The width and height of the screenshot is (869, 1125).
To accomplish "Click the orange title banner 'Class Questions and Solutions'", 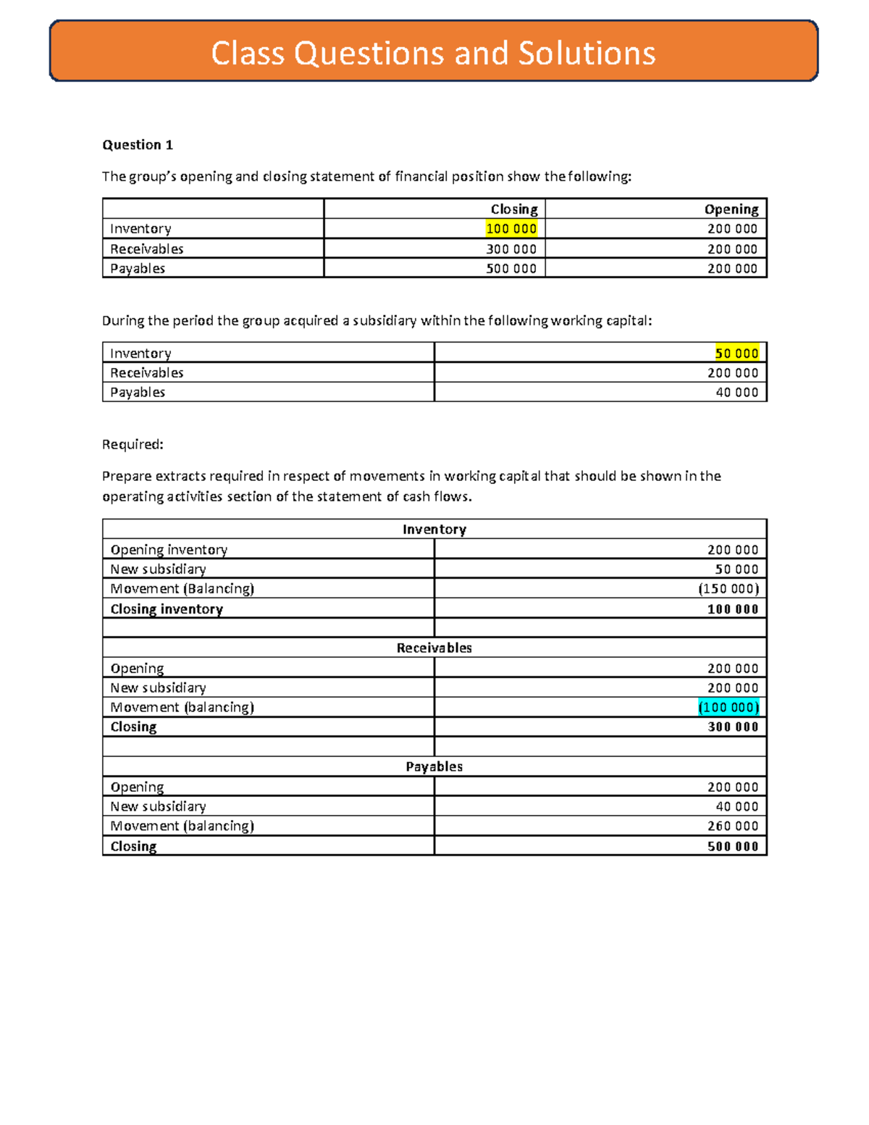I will click(433, 53).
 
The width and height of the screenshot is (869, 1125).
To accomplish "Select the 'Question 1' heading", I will click(138, 145).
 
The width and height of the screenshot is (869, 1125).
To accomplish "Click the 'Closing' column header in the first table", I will click(513, 209).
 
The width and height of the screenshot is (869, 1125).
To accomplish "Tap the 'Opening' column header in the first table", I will click(731, 209).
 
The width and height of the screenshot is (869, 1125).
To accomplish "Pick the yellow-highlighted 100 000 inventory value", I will click(511, 229).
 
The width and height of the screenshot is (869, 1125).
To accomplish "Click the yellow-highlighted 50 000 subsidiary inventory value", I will click(736, 354).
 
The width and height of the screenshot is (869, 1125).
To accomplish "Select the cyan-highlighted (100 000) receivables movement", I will click(729, 707).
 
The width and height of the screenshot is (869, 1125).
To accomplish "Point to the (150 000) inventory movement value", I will click(729, 588).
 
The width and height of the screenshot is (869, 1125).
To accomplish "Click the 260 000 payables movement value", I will click(733, 826).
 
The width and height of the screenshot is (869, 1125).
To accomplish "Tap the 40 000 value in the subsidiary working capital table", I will click(736, 393).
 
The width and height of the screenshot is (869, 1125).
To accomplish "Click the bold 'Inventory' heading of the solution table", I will click(434, 530).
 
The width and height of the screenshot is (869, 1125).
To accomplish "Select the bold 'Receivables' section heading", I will click(434, 648).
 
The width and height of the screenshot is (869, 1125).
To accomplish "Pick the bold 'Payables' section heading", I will click(434, 766).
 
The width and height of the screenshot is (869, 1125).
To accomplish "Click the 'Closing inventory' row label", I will click(167, 609).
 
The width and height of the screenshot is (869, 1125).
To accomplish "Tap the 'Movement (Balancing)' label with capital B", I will click(182, 588).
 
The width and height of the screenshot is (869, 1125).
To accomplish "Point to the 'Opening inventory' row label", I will click(169, 550).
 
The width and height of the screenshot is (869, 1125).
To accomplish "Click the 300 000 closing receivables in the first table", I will click(511, 249).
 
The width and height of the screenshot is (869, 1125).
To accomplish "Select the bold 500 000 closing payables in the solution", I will click(733, 846).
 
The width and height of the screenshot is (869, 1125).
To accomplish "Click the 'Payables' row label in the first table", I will click(138, 269).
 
